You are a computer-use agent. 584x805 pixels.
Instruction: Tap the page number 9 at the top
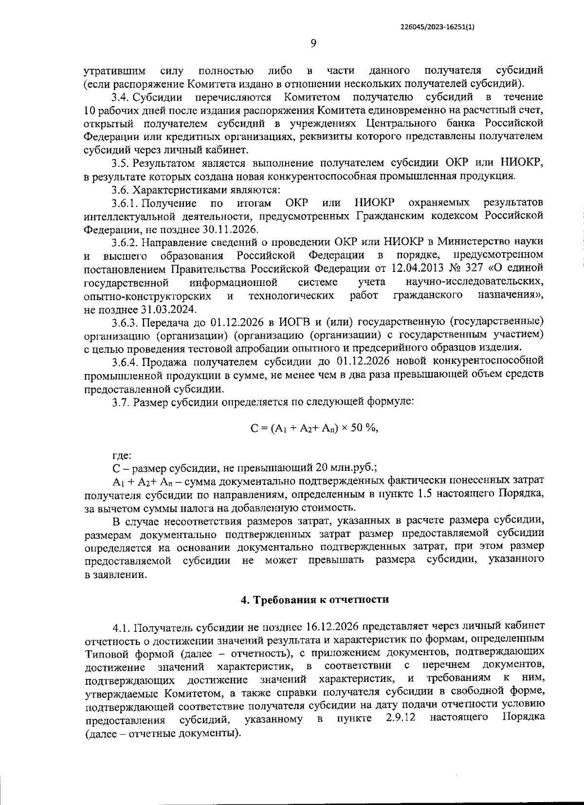click(x=313, y=44)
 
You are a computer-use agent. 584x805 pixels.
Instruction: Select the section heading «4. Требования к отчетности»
click(x=315, y=599)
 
